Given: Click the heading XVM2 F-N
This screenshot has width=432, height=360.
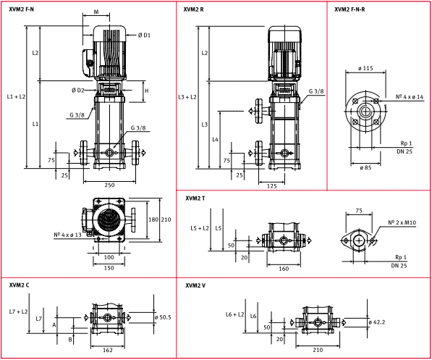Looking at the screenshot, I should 21,9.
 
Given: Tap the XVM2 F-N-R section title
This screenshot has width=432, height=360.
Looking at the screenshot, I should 350,9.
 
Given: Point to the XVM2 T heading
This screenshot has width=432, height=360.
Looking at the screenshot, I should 195,198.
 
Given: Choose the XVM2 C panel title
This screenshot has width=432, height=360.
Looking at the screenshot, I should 20,285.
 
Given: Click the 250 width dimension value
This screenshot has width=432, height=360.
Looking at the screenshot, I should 109,185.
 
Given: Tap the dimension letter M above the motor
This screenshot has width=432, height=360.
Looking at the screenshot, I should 97,12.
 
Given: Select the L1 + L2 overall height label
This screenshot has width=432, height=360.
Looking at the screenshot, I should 16,96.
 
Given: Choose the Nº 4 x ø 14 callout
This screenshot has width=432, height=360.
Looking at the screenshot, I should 410,96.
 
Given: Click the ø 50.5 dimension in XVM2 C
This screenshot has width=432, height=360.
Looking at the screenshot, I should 163,317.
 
